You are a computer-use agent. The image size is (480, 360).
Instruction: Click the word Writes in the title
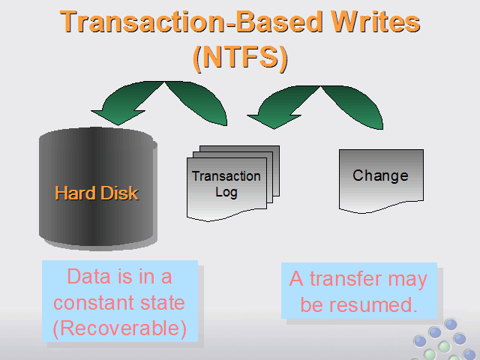(x=375, y=22)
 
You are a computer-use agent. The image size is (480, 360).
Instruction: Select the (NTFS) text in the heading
(x=240, y=58)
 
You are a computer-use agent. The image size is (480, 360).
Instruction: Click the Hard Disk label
(x=97, y=193)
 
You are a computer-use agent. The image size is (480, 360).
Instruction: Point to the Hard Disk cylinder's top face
(x=96, y=136)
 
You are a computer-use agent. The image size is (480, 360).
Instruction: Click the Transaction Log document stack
(x=233, y=183)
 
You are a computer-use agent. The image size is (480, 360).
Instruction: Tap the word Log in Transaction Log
(x=226, y=192)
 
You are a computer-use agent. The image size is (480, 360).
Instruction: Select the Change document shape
(x=381, y=181)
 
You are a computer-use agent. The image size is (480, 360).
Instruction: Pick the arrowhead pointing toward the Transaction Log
(x=274, y=121)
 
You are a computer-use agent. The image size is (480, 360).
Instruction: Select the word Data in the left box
(x=88, y=277)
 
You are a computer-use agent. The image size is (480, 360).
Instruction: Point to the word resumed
(x=373, y=304)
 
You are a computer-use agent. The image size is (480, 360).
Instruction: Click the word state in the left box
(x=162, y=302)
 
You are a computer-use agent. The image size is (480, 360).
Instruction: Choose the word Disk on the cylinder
(x=119, y=193)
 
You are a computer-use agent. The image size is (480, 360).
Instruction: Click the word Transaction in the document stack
(x=226, y=176)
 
